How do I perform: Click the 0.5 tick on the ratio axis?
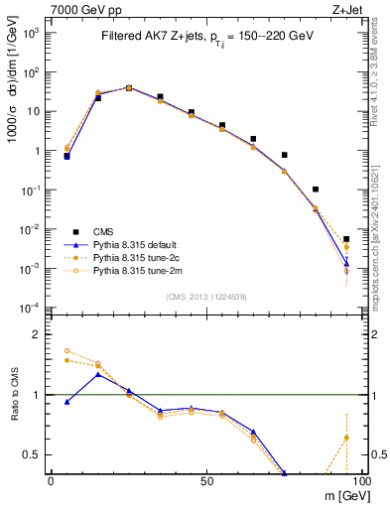pos(30,454)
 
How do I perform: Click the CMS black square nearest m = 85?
pos(316,189)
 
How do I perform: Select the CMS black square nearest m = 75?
pos(284,155)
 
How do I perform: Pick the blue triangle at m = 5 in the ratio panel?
pos(66,402)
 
